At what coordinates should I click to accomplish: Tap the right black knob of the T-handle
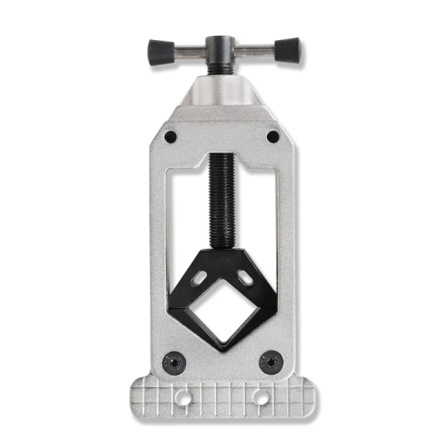(x=287, y=50)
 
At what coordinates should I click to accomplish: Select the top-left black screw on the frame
(x=171, y=136)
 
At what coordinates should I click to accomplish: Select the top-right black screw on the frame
(x=273, y=136)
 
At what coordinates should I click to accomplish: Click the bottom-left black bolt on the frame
(x=172, y=363)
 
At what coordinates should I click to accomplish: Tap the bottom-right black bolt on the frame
(x=270, y=363)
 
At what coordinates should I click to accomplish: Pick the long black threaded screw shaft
(x=221, y=200)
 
